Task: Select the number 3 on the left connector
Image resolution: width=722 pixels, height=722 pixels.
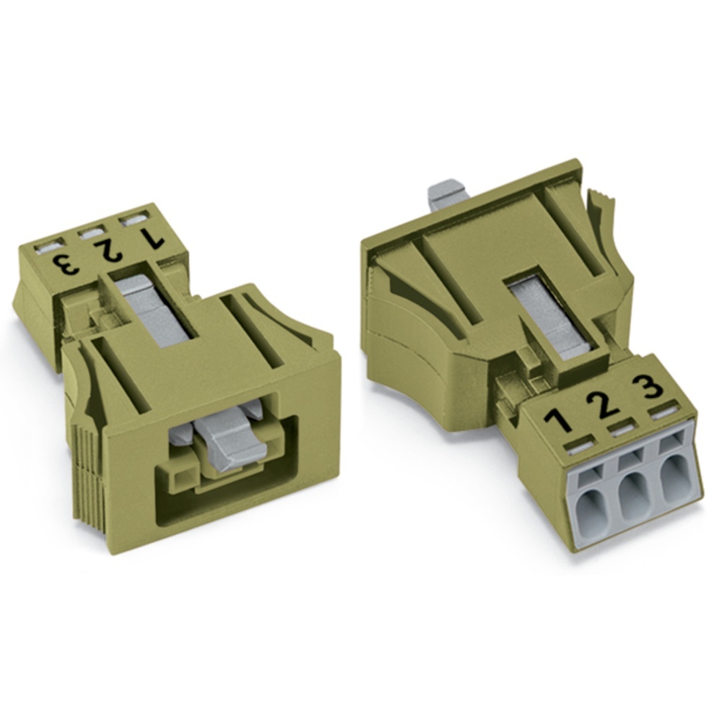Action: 64,264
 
